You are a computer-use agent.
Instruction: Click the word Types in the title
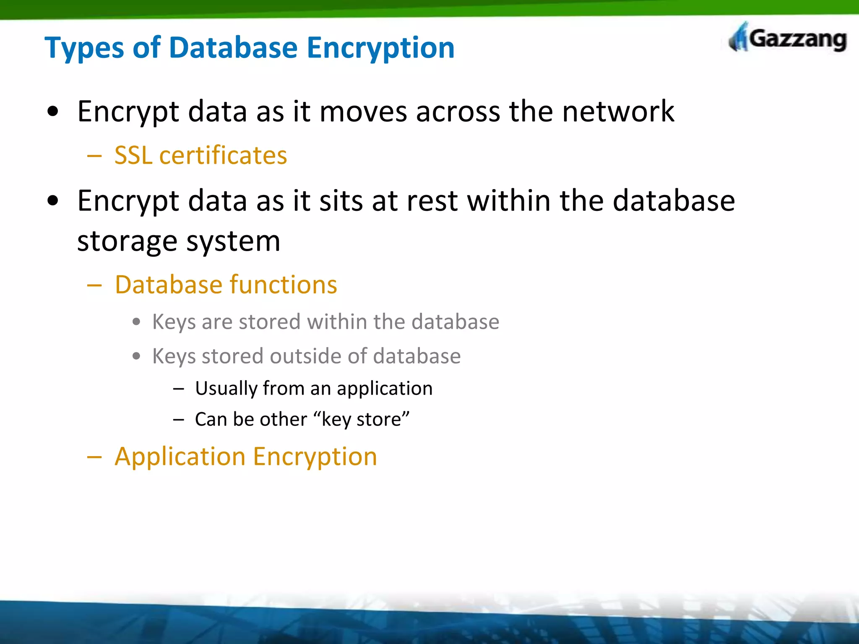coord(84,48)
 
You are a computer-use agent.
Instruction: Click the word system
coord(233,242)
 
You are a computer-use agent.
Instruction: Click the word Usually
coord(226,389)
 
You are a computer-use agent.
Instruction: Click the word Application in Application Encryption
coord(180,457)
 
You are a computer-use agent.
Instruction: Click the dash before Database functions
coord(94,286)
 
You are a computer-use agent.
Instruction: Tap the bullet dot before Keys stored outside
coord(136,356)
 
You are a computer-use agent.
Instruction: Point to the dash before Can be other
coord(179,419)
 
